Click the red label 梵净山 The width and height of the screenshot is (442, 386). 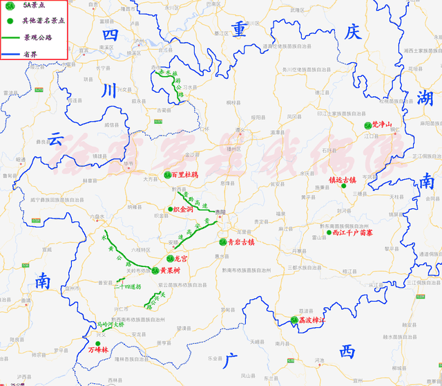(382, 125)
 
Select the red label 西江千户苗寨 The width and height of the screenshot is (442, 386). (352, 234)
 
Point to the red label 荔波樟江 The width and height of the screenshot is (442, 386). (311, 320)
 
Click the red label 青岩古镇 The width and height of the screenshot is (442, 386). (241, 243)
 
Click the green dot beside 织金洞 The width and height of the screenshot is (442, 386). (170, 209)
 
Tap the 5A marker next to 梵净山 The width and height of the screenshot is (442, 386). (367, 126)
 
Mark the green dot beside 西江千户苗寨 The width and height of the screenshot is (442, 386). (327, 234)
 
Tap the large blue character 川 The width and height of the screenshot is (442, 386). (109, 90)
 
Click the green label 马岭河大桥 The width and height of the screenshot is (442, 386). (110, 323)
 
